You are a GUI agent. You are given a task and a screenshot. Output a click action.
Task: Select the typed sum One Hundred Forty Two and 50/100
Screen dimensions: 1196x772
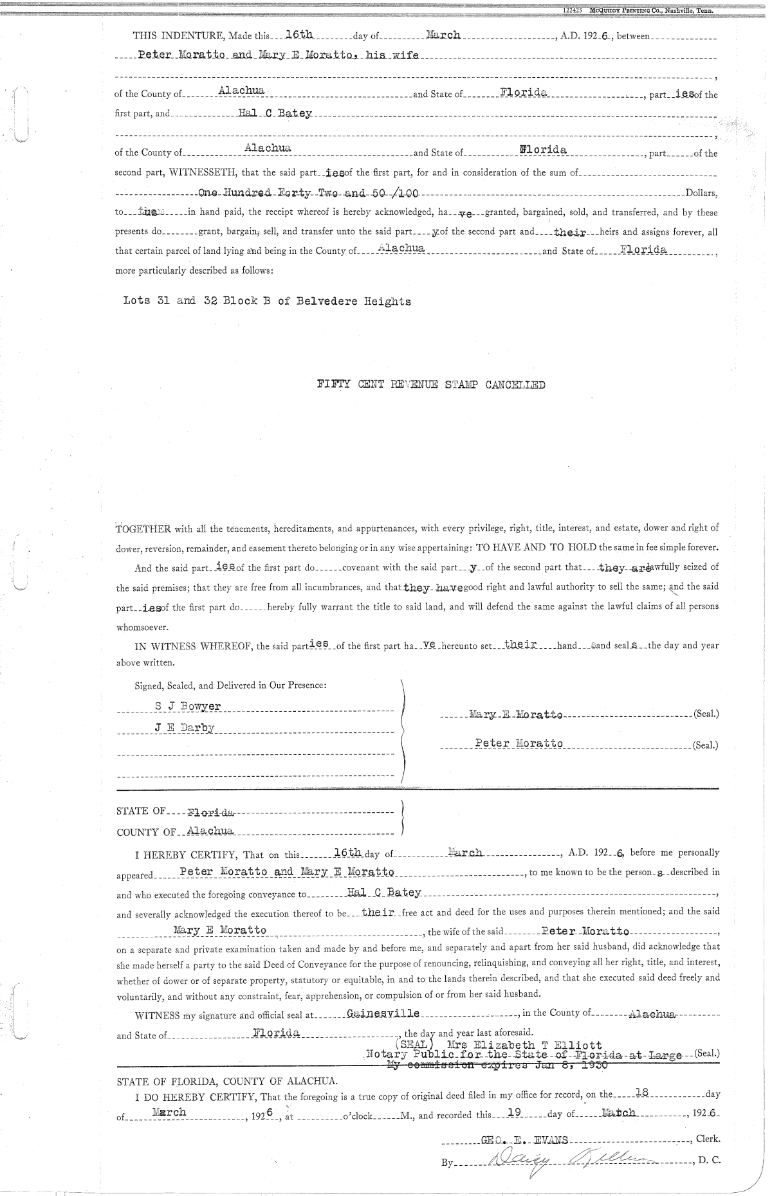[310, 193]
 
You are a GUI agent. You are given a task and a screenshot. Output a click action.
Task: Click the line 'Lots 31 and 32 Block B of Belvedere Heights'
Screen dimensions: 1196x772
[266, 300]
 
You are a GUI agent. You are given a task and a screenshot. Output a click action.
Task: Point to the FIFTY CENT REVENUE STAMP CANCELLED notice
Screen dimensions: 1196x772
[431, 385]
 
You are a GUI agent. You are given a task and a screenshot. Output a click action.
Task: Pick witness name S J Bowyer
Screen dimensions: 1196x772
[188, 706]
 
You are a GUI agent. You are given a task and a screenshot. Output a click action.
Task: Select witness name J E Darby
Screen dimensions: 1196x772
[184, 728]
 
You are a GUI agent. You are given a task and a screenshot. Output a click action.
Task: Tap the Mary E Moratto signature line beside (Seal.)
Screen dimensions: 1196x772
[517, 714]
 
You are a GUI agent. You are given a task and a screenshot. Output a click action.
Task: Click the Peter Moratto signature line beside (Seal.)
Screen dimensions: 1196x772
[519, 743]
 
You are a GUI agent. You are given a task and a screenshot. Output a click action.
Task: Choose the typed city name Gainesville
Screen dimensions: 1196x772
[383, 1013]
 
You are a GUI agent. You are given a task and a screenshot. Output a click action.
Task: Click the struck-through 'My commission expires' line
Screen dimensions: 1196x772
[499, 1066]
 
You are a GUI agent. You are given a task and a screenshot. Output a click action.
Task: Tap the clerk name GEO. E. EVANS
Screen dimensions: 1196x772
[524, 1140]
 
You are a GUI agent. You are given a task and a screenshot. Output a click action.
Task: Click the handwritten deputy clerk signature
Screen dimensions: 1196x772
[566, 1161]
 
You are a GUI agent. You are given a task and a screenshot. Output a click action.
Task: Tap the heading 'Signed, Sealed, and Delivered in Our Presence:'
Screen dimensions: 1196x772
[230, 685]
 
